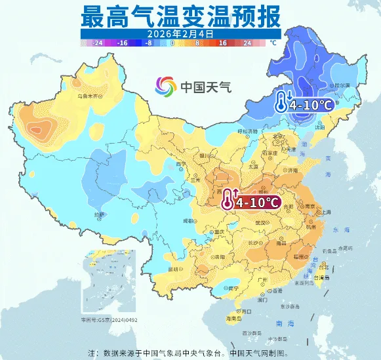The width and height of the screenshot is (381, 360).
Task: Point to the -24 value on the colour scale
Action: (99, 42)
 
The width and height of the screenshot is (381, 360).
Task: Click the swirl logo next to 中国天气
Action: (166, 86)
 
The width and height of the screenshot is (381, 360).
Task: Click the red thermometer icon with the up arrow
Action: (229, 197)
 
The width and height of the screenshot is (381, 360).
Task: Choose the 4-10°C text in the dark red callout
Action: (258, 201)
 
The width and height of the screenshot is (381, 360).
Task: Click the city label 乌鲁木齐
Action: (91, 96)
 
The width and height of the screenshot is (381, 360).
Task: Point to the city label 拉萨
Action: (99, 214)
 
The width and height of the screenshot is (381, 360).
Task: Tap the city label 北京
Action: (280, 136)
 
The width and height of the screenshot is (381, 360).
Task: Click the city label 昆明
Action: (172, 270)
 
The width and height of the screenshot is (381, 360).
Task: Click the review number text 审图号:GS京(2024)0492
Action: (110, 320)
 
